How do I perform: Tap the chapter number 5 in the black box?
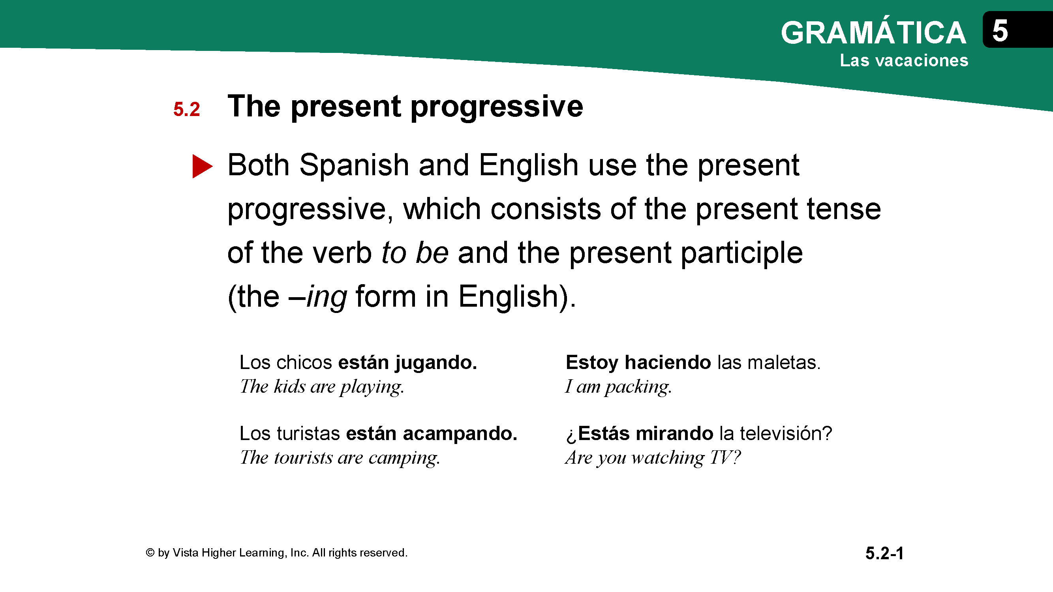pos(1000,31)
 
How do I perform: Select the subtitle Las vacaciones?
pos(904,60)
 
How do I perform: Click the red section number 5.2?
pos(186,109)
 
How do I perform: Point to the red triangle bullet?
pos(202,166)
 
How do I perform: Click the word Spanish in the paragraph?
pos(354,165)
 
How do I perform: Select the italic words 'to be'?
pos(415,253)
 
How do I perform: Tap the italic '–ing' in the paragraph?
pos(317,297)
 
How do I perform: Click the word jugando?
pos(436,363)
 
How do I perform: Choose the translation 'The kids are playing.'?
pos(322,387)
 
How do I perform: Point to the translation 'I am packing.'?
pos(618,387)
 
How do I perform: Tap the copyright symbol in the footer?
pos(150,553)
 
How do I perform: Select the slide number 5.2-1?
pos(884,554)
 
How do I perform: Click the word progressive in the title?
pos(497,107)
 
